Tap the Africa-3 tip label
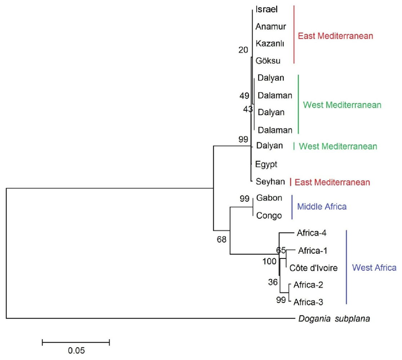point(308,302)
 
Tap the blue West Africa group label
point(374,267)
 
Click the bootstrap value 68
point(222,239)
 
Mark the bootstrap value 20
point(243,50)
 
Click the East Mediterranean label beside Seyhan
point(332,182)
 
